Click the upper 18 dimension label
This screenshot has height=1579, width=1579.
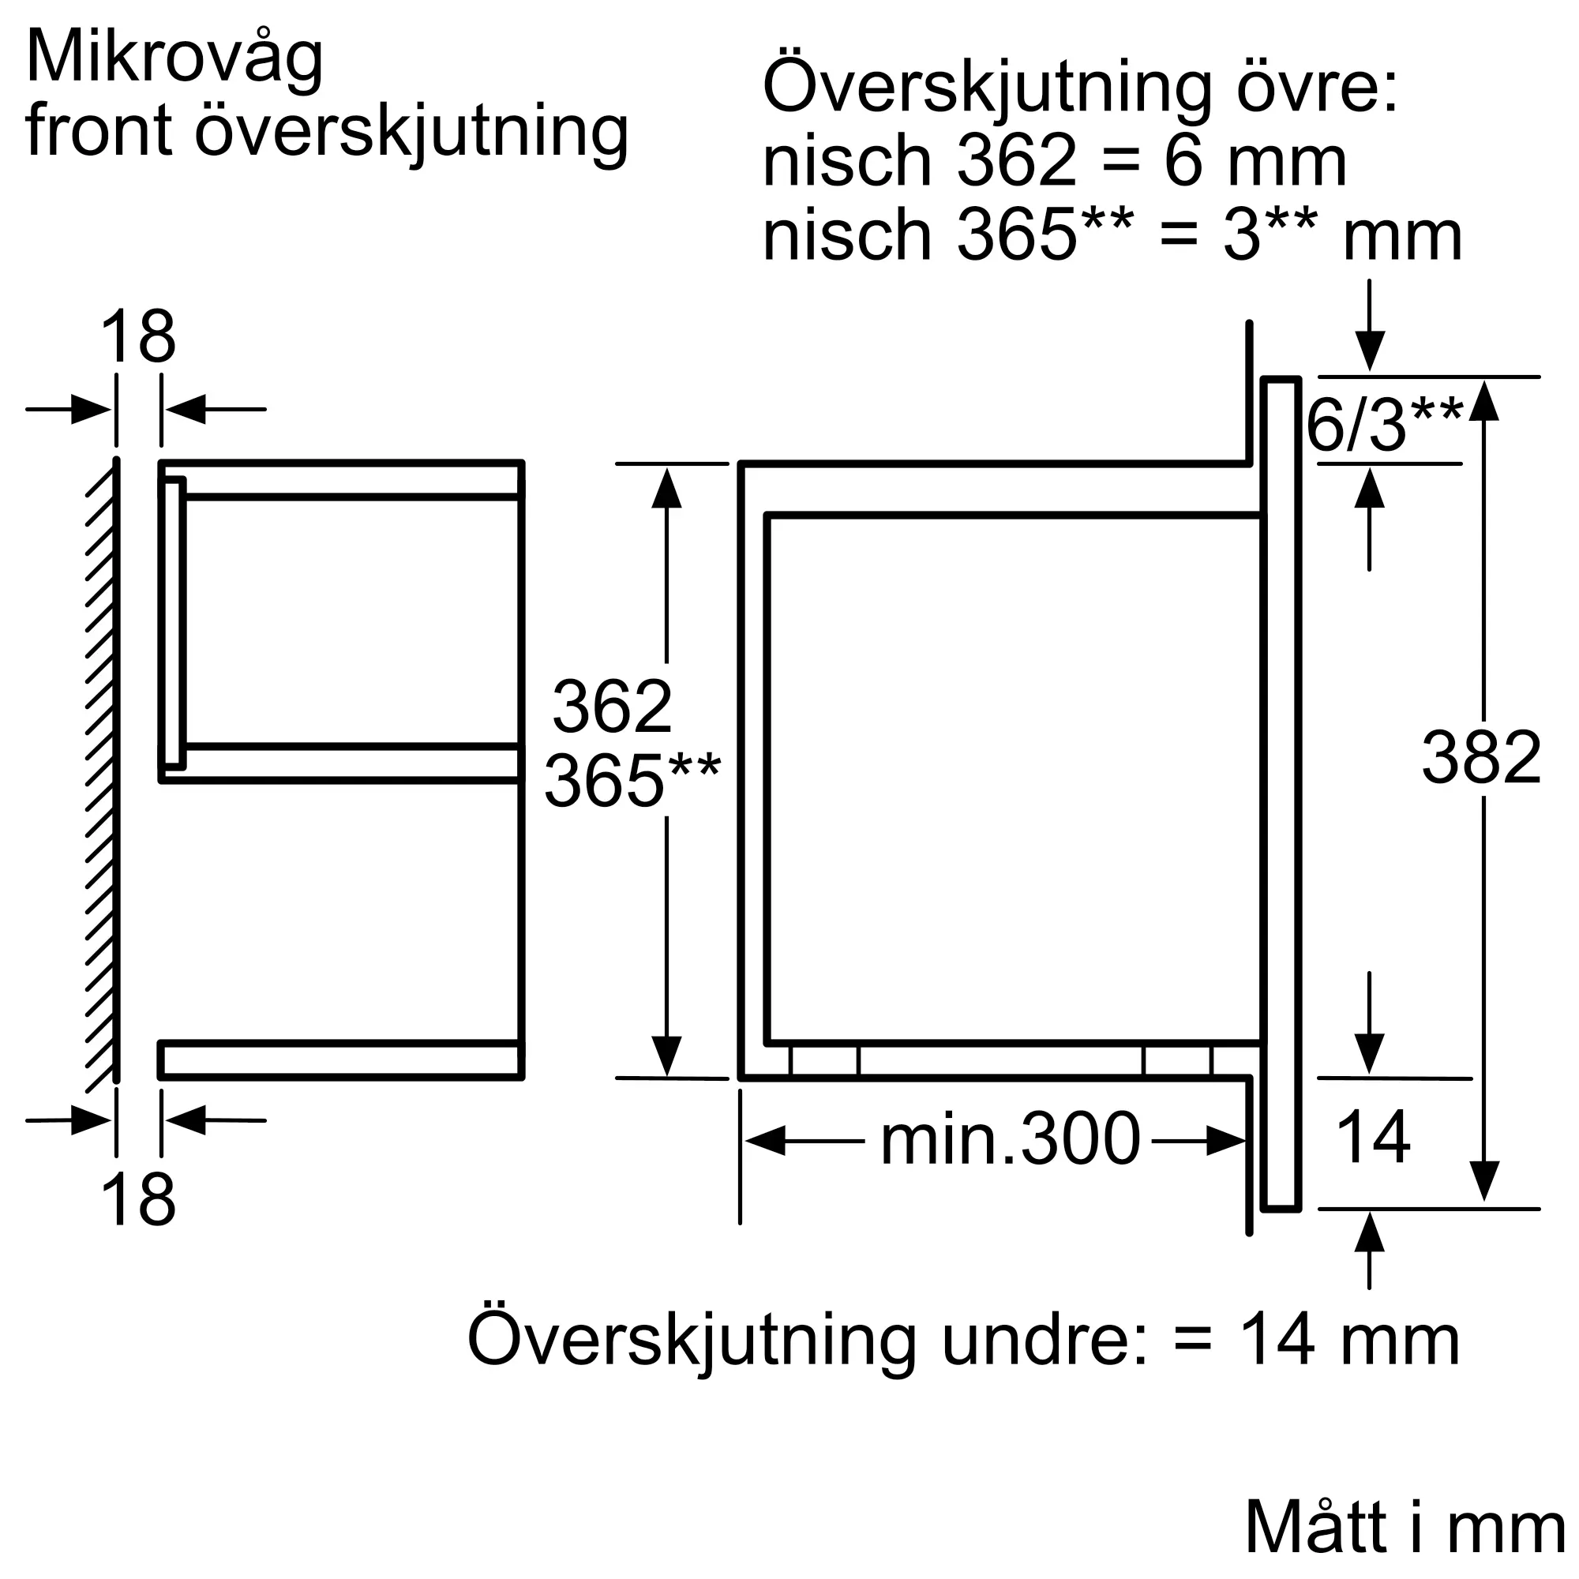pyautogui.click(x=137, y=338)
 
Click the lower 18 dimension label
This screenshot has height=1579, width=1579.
pyautogui.click(x=137, y=1201)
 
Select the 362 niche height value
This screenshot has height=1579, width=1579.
pyautogui.click(x=611, y=707)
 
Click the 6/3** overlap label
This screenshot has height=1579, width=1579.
pyautogui.click(x=1384, y=425)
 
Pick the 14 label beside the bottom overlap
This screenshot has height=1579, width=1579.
pyautogui.click(x=1372, y=1137)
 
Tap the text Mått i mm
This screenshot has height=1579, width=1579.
pyautogui.click(x=1404, y=1527)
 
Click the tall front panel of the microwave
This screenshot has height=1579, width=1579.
pyautogui.click(x=1280, y=793)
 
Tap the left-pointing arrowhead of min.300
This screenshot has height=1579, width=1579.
pyautogui.click(x=763, y=1141)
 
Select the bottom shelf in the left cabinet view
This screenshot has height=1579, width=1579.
pyautogui.click(x=340, y=1060)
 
